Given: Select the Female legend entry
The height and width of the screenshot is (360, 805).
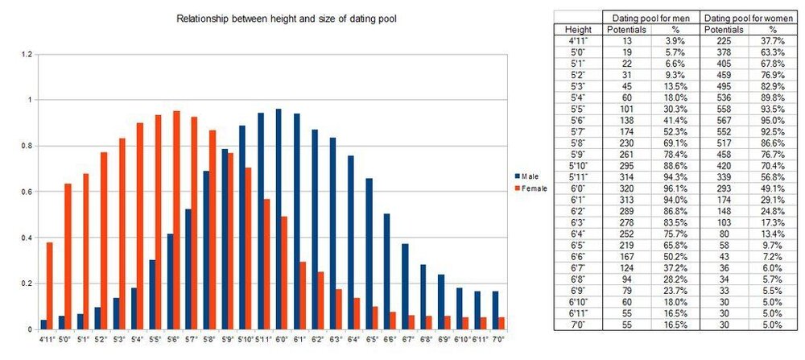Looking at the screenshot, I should [x=531, y=188].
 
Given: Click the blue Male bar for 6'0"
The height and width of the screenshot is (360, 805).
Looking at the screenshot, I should [x=279, y=219].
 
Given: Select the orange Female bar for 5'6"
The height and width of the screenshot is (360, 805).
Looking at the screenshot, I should [x=176, y=220].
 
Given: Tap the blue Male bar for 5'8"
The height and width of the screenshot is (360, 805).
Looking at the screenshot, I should [x=207, y=250].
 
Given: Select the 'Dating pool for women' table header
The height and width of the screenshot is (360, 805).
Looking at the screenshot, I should [x=749, y=17].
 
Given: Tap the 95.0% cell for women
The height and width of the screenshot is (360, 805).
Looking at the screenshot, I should [x=774, y=119].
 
